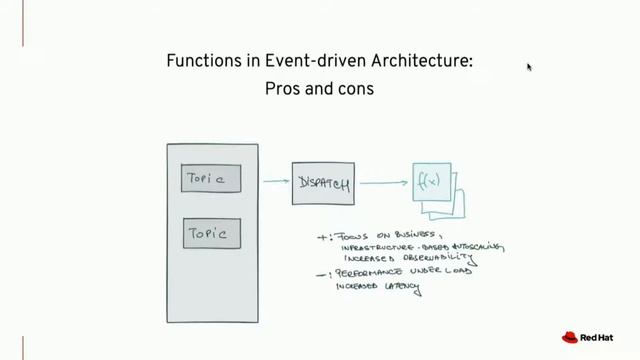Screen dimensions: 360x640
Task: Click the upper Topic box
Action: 211,179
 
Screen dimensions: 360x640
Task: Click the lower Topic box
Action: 211,234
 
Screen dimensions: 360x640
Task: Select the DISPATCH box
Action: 323,183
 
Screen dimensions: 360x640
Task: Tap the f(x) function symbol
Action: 431,182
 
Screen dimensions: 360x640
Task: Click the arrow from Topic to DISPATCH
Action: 276,182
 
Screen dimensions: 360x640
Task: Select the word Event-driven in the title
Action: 307,61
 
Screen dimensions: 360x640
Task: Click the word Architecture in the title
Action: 421,61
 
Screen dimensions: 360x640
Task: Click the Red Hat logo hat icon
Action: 571,338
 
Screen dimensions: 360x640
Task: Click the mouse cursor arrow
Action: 529,67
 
